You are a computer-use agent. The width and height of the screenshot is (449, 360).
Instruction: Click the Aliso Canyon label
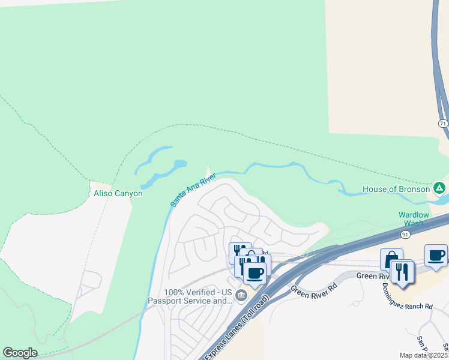(x=118, y=193)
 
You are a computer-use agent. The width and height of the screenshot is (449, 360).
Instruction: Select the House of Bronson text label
(x=396, y=189)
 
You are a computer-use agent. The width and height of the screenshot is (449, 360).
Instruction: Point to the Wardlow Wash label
(x=414, y=219)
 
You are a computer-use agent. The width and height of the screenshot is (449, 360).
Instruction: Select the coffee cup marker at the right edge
(x=436, y=255)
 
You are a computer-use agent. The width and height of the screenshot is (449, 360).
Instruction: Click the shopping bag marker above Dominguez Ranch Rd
(x=391, y=259)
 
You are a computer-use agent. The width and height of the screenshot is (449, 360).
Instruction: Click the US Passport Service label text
(x=189, y=296)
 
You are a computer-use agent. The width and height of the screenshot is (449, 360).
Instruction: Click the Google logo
(x=20, y=353)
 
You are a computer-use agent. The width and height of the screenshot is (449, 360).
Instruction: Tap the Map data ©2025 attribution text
(x=423, y=355)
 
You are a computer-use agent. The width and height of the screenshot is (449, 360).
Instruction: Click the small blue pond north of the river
(x=179, y=164)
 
